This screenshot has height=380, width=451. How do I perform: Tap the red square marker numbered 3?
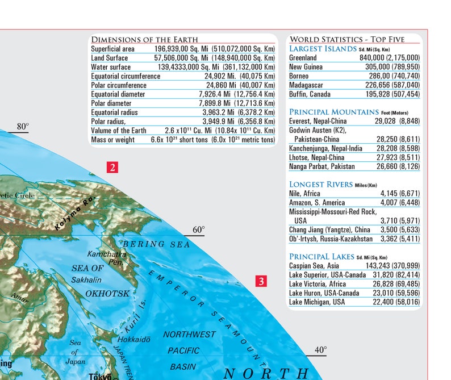click(260, 281)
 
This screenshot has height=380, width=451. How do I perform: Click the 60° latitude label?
click(198, 230)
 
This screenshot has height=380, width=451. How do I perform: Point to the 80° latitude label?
click(23, 126)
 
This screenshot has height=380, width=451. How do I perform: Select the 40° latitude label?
click(321, 350)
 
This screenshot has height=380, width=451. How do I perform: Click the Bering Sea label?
click(149, 244)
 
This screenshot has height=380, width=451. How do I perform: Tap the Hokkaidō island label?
click(134, 339)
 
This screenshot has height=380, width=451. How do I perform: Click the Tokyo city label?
click(99, 375)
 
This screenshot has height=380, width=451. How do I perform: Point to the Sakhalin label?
click(86, 280)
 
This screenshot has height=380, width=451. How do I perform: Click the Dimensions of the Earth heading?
click(144, 40)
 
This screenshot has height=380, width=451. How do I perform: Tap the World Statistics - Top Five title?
click(347, 39)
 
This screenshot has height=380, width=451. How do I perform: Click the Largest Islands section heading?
click(323, 49)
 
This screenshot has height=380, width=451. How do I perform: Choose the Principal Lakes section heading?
click(321, 257)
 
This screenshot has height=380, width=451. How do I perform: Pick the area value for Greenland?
click(390, 58)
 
